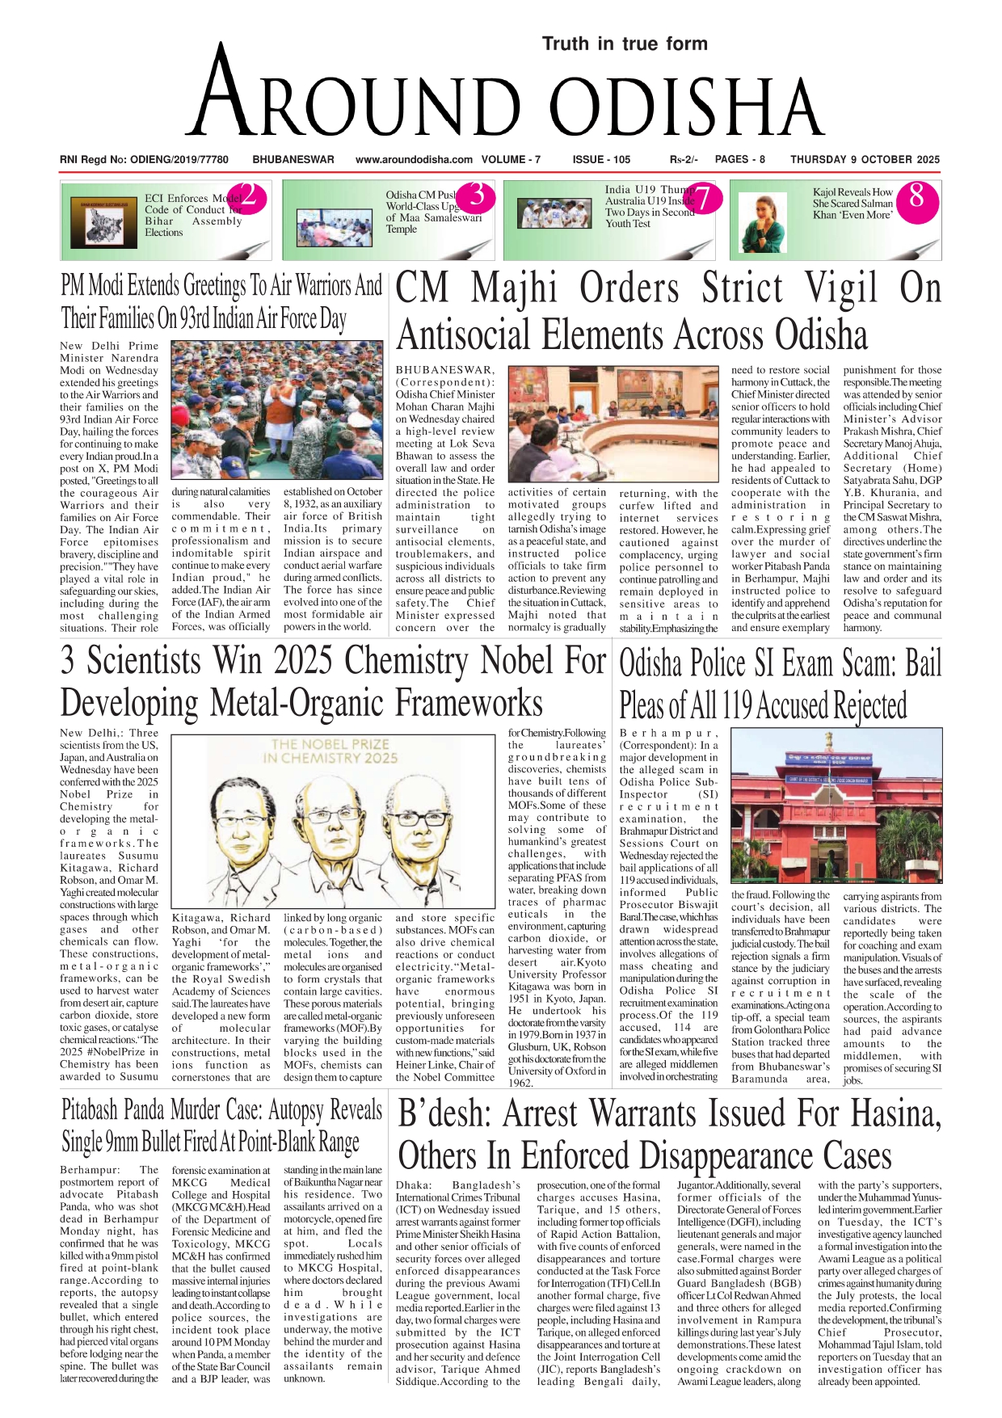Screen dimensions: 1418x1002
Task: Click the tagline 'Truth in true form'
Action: pyautogui.click(x=625, y=44)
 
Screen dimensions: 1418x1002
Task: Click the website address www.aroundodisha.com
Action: pyautogui.click(x=414, y=160)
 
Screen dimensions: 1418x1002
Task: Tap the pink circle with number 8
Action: pyautogui.click(x=916, y=196)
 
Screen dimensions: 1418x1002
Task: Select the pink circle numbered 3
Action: pyautogui.click(x=478, y=196)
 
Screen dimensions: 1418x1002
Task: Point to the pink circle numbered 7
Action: pyautogui.click(x=703, y=198)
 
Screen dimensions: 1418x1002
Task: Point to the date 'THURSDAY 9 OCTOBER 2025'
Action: pyautogui.click(x=865, y=160)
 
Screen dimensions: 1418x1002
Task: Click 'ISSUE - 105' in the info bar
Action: pyautogui.click(x=601, y=160)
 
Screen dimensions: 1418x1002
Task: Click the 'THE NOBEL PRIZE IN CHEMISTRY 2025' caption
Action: pyautogui.click(x=330, y=751)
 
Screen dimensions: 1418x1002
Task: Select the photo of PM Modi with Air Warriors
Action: pyautogui.click(x=278, y=410)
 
